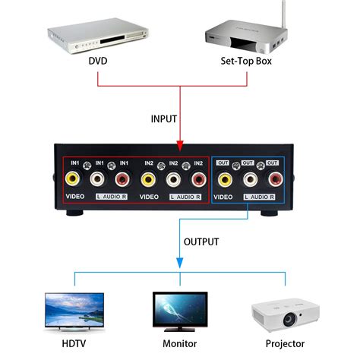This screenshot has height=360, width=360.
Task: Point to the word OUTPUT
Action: [x=201, y=242]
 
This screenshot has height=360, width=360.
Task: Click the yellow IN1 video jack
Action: [x=73, y=178]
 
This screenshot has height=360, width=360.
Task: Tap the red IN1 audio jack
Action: [x=123, y=178]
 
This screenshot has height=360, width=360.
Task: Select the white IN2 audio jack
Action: [x=174, y=178]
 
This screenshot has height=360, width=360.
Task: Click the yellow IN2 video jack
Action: [x=149, y=178]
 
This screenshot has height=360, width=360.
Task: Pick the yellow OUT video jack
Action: [x=225, y=178]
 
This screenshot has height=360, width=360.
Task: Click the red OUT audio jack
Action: [x=274, y=178]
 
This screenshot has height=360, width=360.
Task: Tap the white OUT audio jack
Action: [x=250, y=178]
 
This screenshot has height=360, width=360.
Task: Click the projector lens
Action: [x=289, y=319]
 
